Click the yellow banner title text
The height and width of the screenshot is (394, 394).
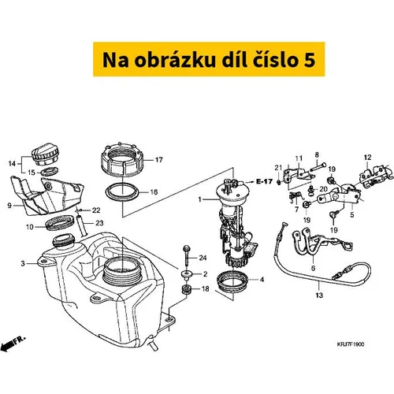coord(209,60)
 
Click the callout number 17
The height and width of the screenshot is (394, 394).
coord(158,160)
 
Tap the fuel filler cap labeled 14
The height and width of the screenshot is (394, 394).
coord(45,154)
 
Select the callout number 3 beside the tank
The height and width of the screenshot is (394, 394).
coord(23,263)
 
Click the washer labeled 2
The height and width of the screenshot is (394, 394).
coord(187,274)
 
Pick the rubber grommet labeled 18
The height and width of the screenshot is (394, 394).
coord(187,290)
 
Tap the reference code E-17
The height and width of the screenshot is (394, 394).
coord(264,181)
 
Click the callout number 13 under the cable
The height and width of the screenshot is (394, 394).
coord(319,295)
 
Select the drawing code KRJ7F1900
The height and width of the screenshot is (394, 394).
coord(351,344)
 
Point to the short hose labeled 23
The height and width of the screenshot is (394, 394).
coord(81,226)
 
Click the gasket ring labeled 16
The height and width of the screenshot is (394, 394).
coord(122,192)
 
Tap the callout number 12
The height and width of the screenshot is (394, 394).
coord(367,158)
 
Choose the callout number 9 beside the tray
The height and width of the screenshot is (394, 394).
coord(9,206)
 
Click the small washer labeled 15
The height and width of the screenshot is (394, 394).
coord(50,172)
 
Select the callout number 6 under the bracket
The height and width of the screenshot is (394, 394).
coord(313,268)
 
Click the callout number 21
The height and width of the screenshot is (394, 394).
coord(278,168)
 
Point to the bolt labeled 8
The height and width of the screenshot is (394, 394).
coord(318,166)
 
